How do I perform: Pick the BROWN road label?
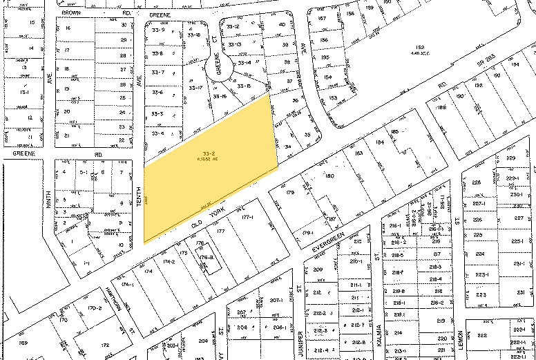72,12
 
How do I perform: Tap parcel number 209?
318,269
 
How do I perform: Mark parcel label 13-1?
25,92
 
